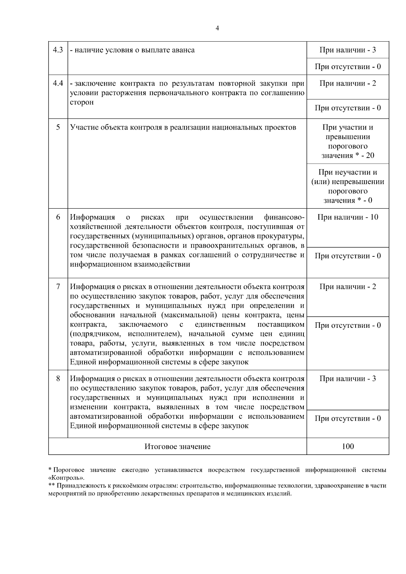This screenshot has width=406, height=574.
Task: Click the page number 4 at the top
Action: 217,28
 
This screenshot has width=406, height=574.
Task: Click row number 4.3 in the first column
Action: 58,50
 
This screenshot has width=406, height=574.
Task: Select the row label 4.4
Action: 58,83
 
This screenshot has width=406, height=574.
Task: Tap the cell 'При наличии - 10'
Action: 348,217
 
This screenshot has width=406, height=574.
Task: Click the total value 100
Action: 348,446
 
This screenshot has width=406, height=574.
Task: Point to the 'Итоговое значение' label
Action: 177,446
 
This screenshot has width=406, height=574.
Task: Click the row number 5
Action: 58,127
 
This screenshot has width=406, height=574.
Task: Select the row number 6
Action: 58,217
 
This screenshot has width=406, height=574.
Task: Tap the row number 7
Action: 58,287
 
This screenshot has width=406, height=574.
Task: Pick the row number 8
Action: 58,378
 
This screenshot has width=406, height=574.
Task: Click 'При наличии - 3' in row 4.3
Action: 348,50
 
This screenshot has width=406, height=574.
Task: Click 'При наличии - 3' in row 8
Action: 348,378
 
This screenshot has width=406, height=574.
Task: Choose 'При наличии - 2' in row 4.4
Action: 348,83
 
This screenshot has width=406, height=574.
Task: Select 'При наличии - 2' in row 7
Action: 348,287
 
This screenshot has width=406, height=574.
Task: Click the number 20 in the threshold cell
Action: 370,156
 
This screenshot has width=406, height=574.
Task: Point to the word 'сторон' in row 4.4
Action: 82,102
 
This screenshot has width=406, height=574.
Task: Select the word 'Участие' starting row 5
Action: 83,127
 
